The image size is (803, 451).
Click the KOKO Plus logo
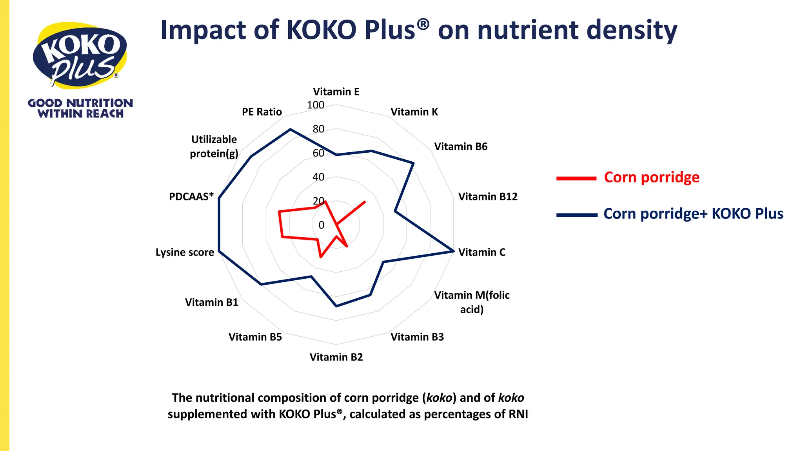click(x=80, y=55)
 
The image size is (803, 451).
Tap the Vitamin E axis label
click(x=336, y=92)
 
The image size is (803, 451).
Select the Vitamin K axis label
click(x=414, y=112)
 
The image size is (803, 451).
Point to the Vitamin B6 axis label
click(x=461, y=146)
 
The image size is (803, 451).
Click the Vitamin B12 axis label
click(x=488, y=197)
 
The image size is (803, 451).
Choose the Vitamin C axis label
click(x=482, y=252)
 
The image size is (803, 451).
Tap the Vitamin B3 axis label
click(x=417, y=337)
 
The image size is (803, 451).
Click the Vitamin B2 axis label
click(x=336, y=357)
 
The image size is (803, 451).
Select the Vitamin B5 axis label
click(x=255, y=337)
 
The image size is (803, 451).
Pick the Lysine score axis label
click(x=185, y=252)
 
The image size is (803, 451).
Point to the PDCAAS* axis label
click(x=191, y=197)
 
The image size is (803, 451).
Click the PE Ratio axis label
click(x=262, y=112)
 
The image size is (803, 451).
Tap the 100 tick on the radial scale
click(x=316, y=105)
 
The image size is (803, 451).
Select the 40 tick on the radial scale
click(x=318, y=177)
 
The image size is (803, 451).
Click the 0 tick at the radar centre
click(x=322, y=225)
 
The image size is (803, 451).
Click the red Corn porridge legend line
click(x=576, y=179)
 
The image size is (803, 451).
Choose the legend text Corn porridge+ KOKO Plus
click(x=693, y=214)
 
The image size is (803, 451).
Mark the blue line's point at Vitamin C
click(x=454, y=251)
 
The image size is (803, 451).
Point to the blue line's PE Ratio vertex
click(x=290, y=129)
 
